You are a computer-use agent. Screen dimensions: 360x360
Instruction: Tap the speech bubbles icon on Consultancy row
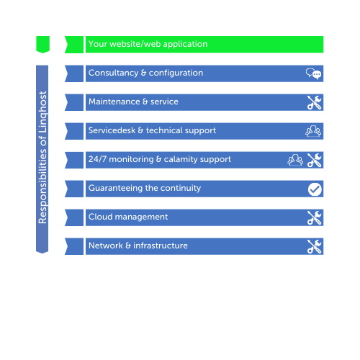pos(313,73)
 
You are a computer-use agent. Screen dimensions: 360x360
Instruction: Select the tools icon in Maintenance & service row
pos(315,102)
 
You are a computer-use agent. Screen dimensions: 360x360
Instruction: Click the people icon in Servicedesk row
pos(313,131)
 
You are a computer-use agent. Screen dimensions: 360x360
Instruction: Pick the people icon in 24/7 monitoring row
pos(295,160)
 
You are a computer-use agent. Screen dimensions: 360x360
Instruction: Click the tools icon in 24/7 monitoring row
pos(315,160)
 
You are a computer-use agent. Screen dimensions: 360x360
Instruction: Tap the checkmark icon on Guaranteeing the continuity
pos(315,189)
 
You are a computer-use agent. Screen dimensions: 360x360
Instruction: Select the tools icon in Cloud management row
pos(315,217)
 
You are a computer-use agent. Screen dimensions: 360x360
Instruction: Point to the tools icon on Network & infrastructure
pos(315,246)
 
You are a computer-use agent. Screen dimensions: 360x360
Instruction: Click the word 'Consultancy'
pos(113,73)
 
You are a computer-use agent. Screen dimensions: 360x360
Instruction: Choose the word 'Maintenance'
pos(114,102)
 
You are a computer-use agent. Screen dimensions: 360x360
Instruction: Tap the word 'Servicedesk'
pos(112,130)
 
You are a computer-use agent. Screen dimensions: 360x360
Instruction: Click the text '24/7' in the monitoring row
pos(97,159)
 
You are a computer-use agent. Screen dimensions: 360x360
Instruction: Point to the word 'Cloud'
pos(100,217)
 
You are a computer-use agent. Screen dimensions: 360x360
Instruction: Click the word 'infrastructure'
pos(161,246)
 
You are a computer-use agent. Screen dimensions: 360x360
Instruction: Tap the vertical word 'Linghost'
pos(42,112)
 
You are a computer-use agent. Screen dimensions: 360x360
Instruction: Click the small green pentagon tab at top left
pos(42,45)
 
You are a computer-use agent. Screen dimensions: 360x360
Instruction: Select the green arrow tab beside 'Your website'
pos(74,45)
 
